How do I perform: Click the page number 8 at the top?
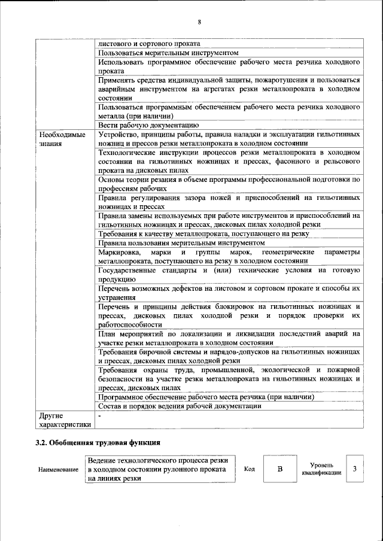(x=199, y=23)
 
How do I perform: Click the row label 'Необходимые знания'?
(x=61, y=139)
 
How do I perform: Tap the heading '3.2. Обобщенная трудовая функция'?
(x=98, y=443)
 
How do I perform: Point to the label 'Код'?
(x=250, y=469)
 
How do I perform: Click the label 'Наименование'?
(x=59, y=470)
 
